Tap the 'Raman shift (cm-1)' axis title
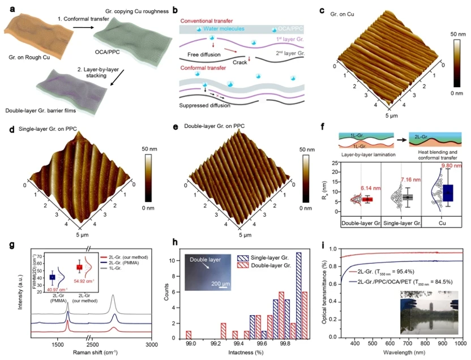[x=93, y=352]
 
